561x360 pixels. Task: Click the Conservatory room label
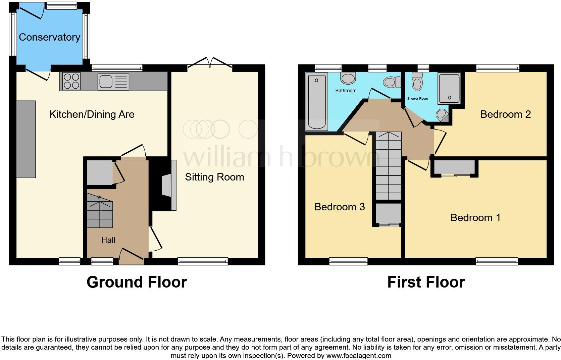pyautogui.click(x=49, y=37)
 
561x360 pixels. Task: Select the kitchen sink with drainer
pyautogui.click(x=113, y=82)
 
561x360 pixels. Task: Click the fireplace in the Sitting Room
pyautogui.click(x=168, y=185)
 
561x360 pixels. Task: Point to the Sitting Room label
pyautogui.click(x=214, y=177)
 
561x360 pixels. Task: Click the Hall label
pyautogui.click(x=108, y=240)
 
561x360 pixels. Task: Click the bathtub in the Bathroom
pyautogui.click(x=317, y=102)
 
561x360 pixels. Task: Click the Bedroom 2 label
pyautogui.click(x=505, y=114)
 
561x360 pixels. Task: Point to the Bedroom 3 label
pyautogui.click(x=339, y=207)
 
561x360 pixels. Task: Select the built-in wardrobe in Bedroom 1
pyautogui.click(x=455, y=167)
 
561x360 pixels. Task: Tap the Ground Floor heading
pyautogui.click(x=137, y=282)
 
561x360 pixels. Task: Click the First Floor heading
pyautogui.click(x=426, y=282)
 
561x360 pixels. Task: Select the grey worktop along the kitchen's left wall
pyautogui.click(x=26, y=139)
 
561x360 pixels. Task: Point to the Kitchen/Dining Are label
pyautogui.click(x=92, y=114)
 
